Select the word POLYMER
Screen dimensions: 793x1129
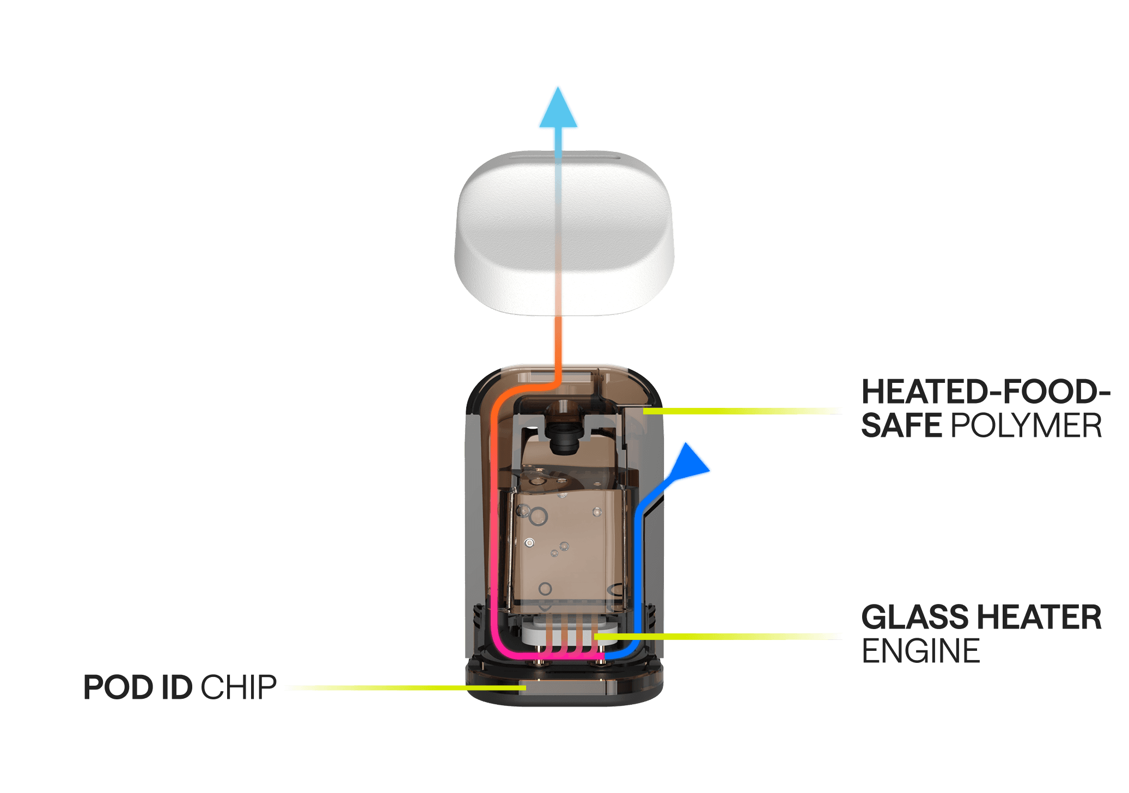(1026, 425)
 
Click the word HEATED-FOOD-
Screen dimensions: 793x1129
(985, 392)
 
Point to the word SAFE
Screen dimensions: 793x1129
(901, 425)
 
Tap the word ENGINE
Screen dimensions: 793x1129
(920, 651)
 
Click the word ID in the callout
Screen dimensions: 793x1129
(176, 687)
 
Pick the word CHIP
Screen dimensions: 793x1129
(239, 687)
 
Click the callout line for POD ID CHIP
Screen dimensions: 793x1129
(403, 688)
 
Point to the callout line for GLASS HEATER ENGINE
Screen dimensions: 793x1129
(719, 636)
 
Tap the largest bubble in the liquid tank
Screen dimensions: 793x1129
(539, 516)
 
